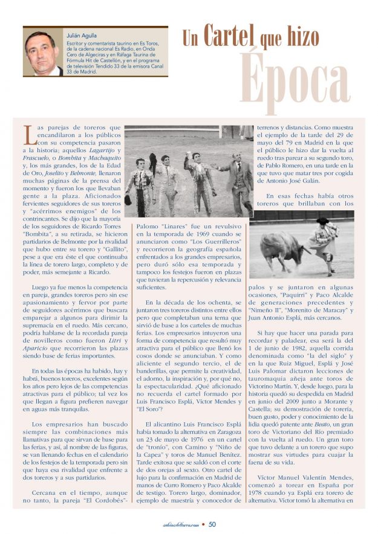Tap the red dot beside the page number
click(x=203, y=524)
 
